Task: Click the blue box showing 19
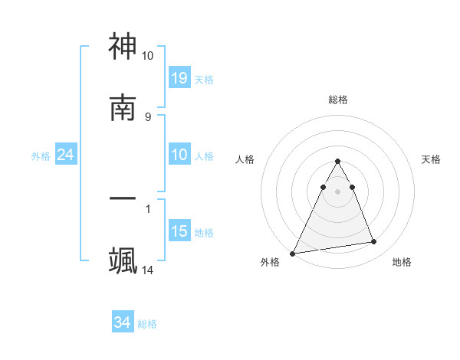[179, 77]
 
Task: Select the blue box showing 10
[179, 155]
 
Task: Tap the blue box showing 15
[179, 231]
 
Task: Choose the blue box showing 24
[66, 155]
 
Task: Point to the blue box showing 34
[123, 322]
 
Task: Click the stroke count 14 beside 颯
[148, 270]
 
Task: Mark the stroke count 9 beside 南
[148, 116]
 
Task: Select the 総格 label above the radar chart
[338, 100]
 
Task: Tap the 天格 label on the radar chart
[432, 159]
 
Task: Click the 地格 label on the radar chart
[402, 262]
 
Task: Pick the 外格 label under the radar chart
[270, 262]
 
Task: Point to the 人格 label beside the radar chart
[245, 159]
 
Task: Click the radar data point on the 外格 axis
[293, 253]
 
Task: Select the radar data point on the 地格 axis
[374, 242]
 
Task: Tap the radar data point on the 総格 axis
[337, 162]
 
